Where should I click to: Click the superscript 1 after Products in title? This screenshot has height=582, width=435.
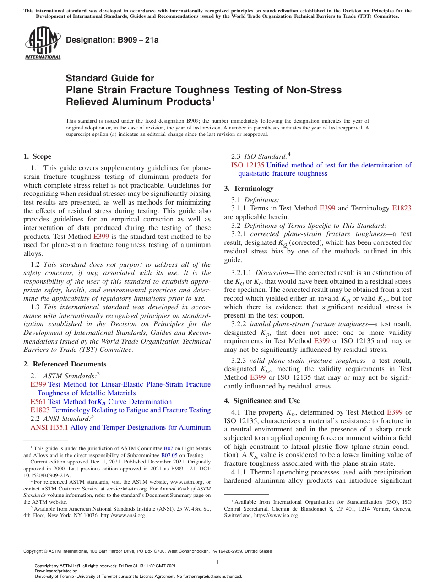212,98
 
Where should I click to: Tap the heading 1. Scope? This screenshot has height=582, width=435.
37,156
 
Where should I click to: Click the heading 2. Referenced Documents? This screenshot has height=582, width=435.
65,364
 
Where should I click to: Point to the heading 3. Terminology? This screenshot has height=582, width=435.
249,189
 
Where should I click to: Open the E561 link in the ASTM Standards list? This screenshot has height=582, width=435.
38,402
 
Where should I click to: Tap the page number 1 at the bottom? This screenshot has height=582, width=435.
217,562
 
